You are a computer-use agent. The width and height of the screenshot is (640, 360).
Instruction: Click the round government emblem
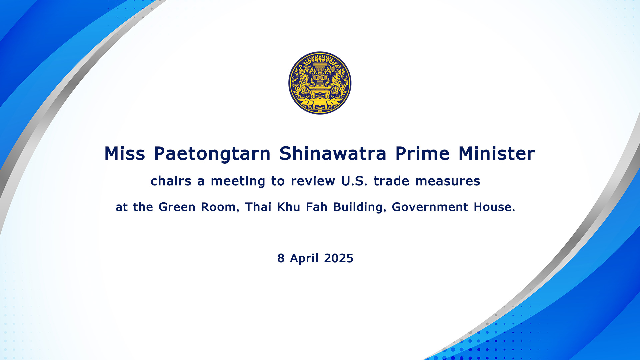320,83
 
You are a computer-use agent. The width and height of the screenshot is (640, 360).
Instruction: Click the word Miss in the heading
125,154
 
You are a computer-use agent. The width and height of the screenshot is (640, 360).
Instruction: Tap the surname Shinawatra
333,154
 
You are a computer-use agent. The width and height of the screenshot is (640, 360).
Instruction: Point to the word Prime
422,154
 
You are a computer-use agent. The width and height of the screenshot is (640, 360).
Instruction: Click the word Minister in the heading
497,154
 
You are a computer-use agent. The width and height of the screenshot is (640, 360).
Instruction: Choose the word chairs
171,181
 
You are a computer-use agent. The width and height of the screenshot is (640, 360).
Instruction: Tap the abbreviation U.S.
354,181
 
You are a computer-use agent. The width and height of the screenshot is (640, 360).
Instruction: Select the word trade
391,181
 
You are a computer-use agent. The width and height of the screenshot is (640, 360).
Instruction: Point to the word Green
177,207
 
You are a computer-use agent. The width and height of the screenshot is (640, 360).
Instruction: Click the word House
494,207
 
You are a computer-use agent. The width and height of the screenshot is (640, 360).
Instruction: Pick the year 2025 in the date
338,258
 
